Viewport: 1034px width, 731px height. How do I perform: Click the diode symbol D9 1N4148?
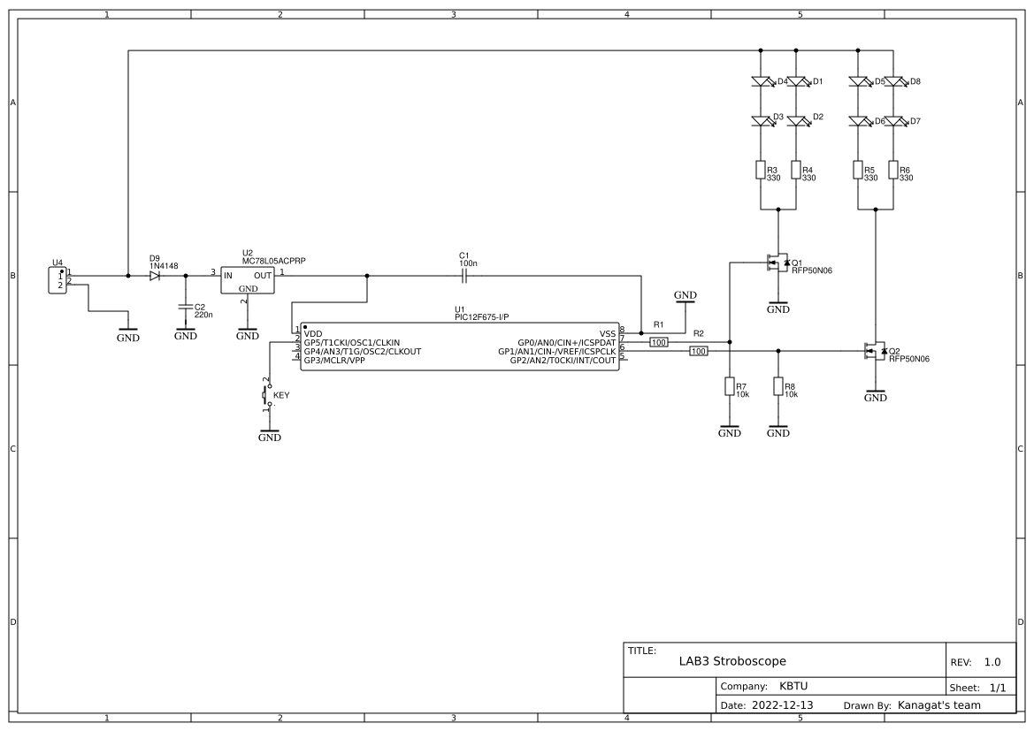coord(155,276)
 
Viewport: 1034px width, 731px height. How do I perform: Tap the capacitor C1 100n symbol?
coord(464,276)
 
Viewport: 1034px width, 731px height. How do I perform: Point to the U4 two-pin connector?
coord(60,280)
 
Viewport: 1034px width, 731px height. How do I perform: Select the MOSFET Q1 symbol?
coord(776,263)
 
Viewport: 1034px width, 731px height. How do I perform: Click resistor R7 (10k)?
coord(729,386)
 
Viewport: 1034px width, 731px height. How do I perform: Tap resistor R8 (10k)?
coord(777,386)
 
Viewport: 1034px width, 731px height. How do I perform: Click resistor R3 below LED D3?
coord(761,170)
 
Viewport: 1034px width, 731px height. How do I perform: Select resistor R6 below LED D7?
coord(893,170)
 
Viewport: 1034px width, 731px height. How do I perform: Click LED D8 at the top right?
coord(894,81)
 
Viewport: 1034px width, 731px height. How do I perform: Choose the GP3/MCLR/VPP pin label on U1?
coord(333,361)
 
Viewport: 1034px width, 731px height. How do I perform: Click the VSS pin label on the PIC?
coord(607,333)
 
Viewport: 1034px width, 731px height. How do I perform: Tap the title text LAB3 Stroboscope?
coord(731,661)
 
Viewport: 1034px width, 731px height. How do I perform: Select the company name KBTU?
coord(793,686)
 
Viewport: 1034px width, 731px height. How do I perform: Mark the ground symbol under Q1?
coord(777,308)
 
